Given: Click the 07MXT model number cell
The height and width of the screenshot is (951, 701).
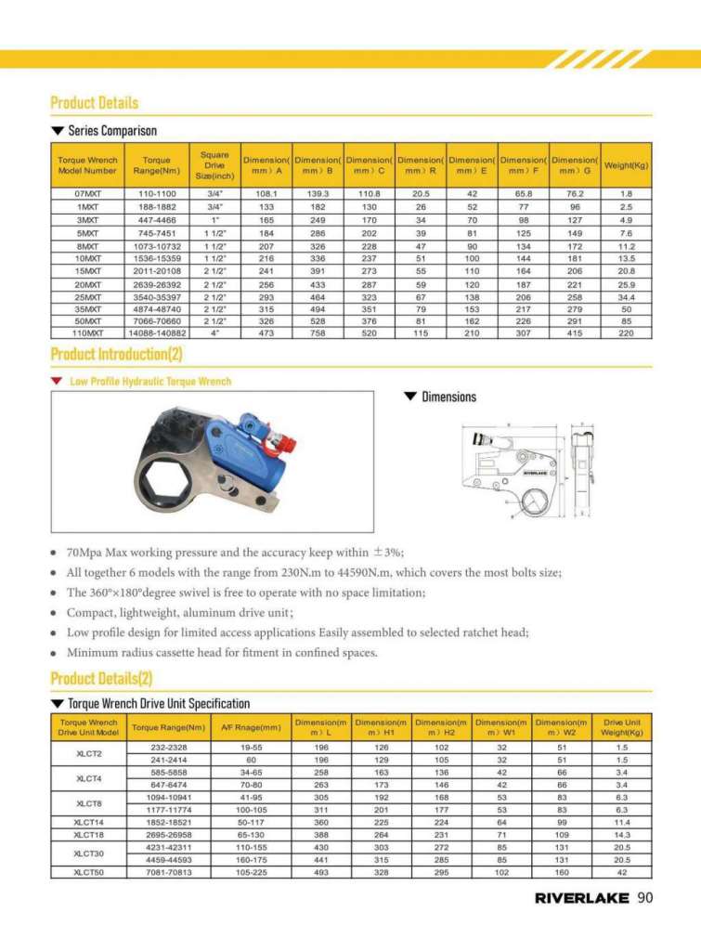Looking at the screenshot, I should coord(87,193).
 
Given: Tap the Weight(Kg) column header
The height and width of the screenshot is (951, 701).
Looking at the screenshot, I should coord(626,165).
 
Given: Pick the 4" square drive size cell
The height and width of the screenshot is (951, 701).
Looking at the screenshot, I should coord(214,332).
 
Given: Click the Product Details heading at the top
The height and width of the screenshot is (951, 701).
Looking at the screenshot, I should coord(94,102).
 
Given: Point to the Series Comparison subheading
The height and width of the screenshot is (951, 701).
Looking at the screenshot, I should coord(111,131).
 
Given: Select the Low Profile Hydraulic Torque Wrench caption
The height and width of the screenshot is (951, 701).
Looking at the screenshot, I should coord(150,381).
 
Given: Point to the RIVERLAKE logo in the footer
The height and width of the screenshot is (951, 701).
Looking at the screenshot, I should coord(581,898).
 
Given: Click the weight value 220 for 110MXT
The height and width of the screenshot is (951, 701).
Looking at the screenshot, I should coord(626,332).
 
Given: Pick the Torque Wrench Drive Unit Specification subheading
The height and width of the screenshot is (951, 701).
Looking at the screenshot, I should coord(158,703).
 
